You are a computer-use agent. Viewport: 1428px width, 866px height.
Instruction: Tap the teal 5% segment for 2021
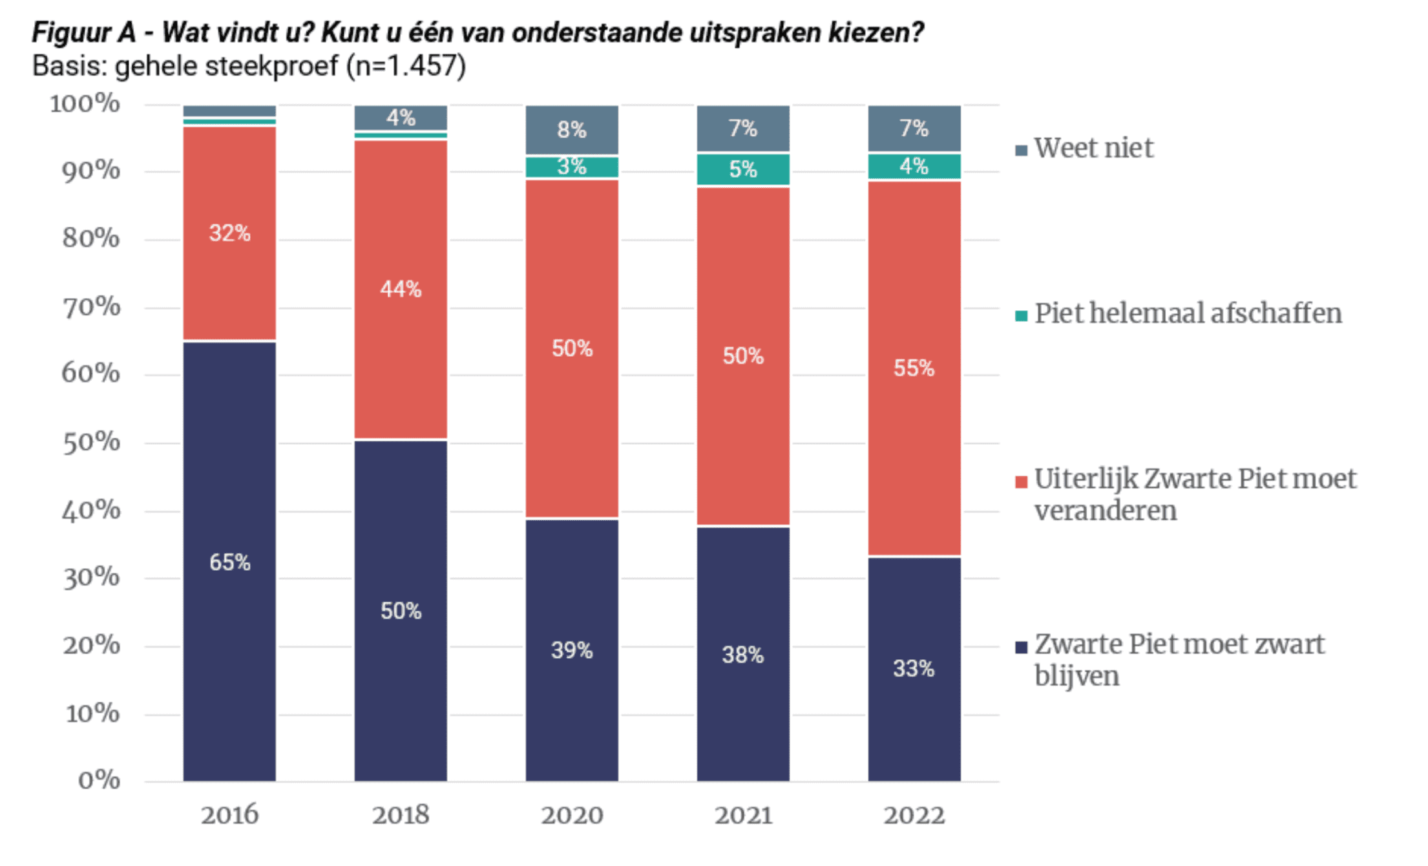click(x=743, y=170)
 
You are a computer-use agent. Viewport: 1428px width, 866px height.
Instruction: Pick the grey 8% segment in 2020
click(x=572, y=129)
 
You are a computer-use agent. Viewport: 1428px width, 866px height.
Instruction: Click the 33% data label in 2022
click(x=914, y=668)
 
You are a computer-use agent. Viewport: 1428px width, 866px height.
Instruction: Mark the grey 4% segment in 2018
click(x=401, y=118)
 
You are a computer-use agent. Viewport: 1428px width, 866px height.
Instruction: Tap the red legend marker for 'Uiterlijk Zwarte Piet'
click(x=1022, y=482)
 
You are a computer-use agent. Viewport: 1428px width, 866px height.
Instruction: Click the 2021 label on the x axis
click(x=743, y=816)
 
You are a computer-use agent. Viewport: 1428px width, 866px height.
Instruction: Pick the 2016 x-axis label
click(x=229, y=816)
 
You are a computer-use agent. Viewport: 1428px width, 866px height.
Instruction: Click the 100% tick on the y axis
click(x=85, y=103)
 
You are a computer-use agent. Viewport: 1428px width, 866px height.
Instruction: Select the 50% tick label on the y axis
click(x=91, y=443)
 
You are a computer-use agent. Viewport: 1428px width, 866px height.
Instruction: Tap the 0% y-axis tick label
click(x=99, y=781)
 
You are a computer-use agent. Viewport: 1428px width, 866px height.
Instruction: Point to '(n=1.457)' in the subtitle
click(x=406, y=67)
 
